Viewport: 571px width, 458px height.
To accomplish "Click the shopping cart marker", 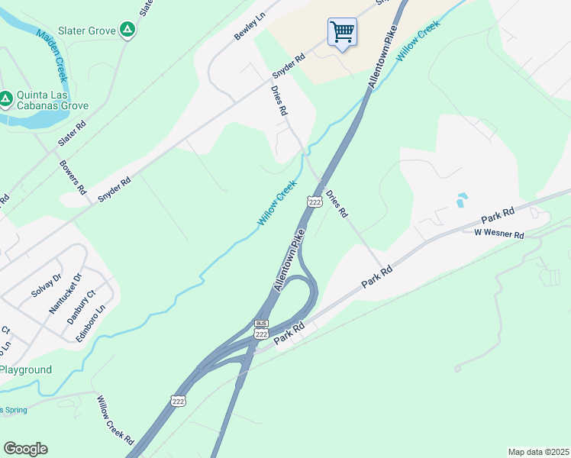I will point(342,33).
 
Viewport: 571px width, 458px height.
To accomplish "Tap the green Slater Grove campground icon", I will point(128,31).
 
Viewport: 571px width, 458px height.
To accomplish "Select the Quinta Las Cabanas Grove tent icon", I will point(5,98).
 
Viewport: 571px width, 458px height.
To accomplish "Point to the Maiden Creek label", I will point(53,56).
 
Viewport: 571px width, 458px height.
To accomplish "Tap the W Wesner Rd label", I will point(498,234).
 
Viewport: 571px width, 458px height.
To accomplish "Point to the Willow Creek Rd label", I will point(115,421).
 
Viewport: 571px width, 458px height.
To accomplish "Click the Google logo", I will point(25,449).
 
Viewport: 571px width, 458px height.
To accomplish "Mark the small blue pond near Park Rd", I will point(460,202).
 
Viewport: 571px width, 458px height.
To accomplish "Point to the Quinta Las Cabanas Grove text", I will point(53,101).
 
